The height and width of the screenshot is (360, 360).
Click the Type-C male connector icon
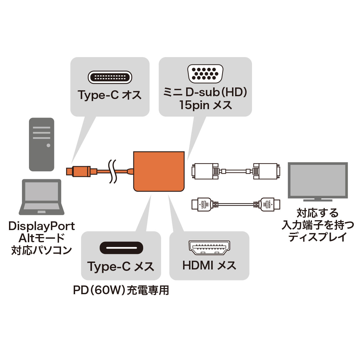pos(110,77)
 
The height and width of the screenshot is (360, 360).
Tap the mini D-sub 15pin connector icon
pos(205,74)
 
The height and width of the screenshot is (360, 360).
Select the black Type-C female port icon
pos(121,248)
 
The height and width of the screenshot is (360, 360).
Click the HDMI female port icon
pos(209,248)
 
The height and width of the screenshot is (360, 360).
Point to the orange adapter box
pos(159,172)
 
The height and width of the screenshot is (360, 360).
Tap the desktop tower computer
pos(42,144)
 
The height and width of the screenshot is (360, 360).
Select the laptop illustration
pos(42,197)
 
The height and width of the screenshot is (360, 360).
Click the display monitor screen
pos(318,180)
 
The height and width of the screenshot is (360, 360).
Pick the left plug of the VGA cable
pos(205,171)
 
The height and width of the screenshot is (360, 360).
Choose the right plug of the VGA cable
pos(266,171)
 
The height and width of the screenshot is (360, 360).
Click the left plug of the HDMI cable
pos(201,204)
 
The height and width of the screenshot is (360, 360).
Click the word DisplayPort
pos(42,226)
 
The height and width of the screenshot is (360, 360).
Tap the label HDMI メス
pos(209,265)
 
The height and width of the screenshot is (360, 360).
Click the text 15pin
pos(194,105)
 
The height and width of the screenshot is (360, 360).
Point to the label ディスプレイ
pos(318,237)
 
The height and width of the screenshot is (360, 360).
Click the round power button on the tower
pos(48,145)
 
